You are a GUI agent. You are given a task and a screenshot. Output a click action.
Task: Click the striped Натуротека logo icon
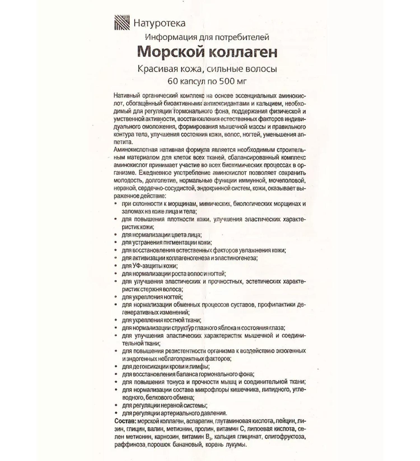[122, 23]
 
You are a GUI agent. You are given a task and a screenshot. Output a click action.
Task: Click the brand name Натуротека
[159, 23]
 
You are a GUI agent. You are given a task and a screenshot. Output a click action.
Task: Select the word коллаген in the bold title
[242, 52]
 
